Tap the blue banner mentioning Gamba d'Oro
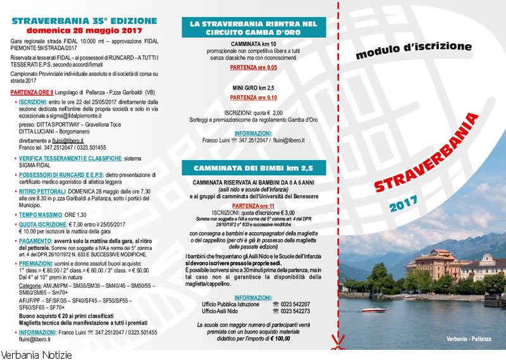click(x=254, y=27)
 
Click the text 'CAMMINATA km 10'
click(x=253, y=44)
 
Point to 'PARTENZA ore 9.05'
click(x=253, y=67)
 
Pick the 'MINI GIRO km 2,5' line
click(x=253, y=88)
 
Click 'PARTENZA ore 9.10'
click(x=253, y=98)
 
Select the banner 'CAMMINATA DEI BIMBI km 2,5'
click(x=253, y=168)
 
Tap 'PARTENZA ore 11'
click(x=253, y=206)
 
